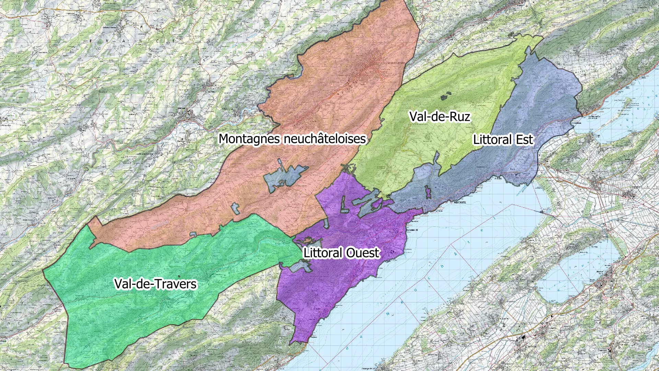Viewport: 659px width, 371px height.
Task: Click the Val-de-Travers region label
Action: point(155,284)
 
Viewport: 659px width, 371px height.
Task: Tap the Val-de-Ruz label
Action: point(439,117)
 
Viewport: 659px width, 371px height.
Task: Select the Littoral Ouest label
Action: point(342,253)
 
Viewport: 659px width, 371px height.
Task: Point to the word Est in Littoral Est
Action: point(524,140)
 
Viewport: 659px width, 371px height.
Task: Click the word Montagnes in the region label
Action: point(250,139)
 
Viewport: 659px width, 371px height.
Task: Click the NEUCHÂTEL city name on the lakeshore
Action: point(460,202)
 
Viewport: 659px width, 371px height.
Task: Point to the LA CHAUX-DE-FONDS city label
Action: point(394,63)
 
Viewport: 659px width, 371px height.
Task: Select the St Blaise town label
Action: point(498,179)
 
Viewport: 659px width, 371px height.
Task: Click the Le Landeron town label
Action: point(576,123)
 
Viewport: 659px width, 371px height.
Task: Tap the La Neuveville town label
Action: point(594,116)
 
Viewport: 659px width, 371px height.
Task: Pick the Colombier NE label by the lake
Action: point(412,230)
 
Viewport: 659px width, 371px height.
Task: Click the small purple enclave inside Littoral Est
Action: point(428,192)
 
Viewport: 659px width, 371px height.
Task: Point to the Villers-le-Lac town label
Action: point(228,109)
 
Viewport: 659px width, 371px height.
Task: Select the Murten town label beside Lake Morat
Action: point(600,272)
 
